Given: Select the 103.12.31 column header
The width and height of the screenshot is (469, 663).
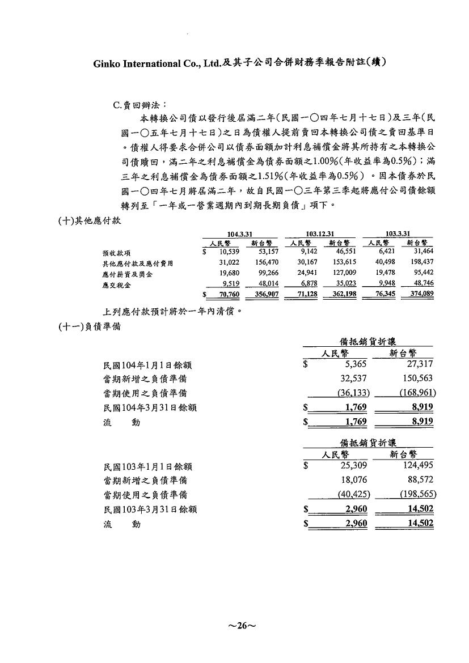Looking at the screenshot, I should [320, 233].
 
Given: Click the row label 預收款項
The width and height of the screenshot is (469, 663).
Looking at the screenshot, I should [116, 253].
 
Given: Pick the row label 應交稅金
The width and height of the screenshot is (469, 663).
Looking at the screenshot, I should [116, 285].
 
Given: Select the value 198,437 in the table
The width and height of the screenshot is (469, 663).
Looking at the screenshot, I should [420, 263].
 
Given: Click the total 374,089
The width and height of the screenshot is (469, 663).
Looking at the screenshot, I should [420, 295].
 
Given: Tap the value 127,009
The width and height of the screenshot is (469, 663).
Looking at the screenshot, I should [343, 274].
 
